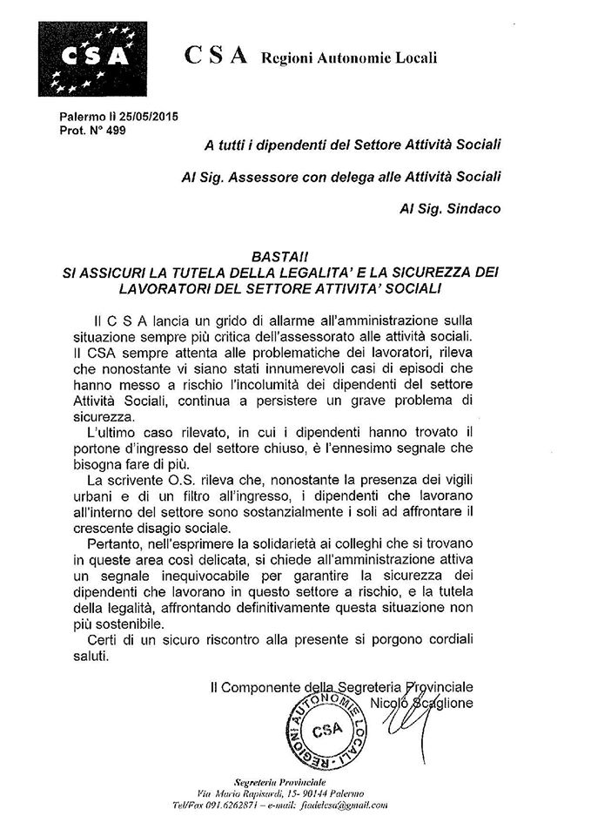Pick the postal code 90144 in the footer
(302, 793)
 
